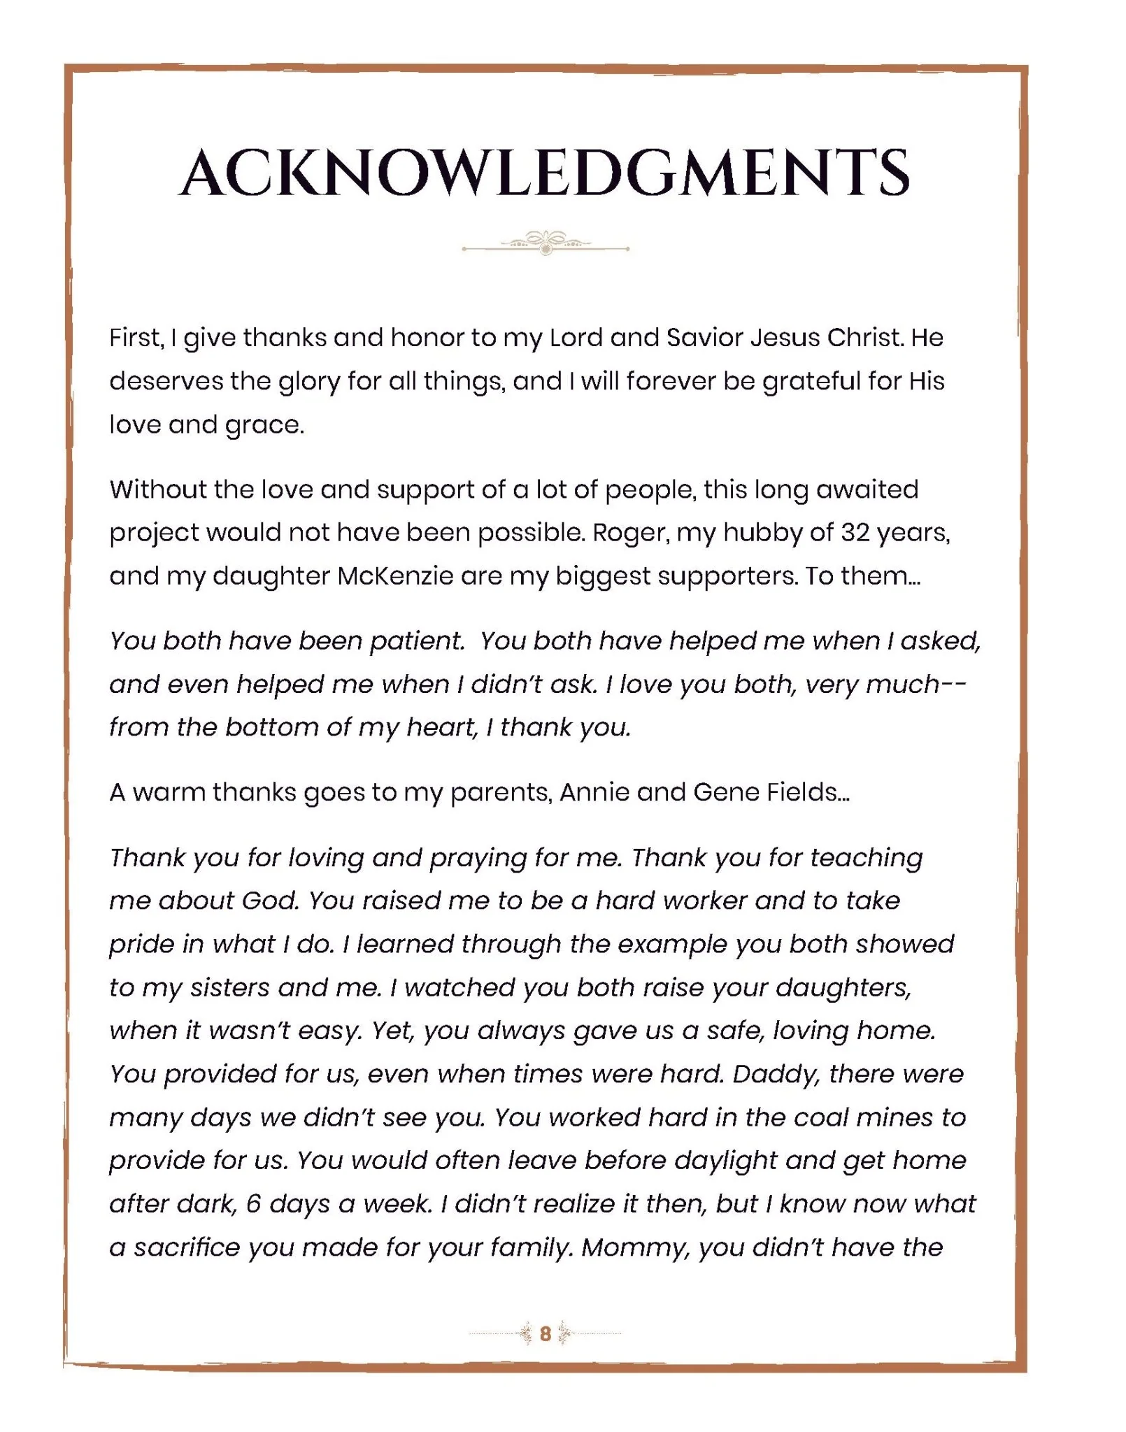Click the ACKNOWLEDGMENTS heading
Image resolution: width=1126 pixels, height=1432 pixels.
(545, 173)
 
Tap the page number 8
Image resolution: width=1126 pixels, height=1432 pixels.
(546, 1333)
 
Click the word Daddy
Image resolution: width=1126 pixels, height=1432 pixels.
(776, 1074)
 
